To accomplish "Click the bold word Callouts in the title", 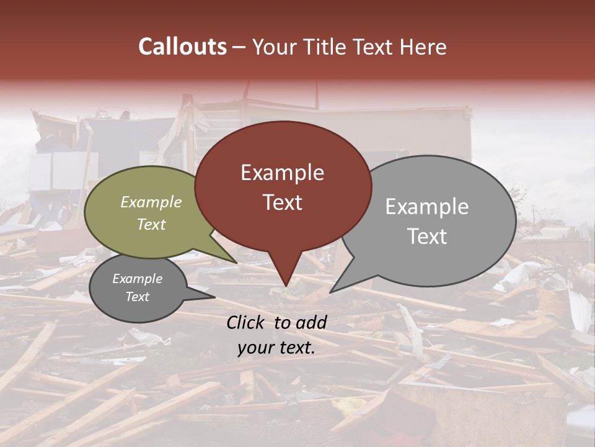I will (x=182, y=47).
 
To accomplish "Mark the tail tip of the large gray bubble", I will (x=330, y=292).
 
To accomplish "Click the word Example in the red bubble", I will (x=282, y=172).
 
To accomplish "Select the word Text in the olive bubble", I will (x=151, y=225).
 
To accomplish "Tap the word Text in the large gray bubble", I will (x=427, y=237).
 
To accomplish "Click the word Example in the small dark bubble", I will (x=137, y=279).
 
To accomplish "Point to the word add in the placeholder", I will (x=311, y=322).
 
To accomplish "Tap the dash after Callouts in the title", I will (x=239, y=47).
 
